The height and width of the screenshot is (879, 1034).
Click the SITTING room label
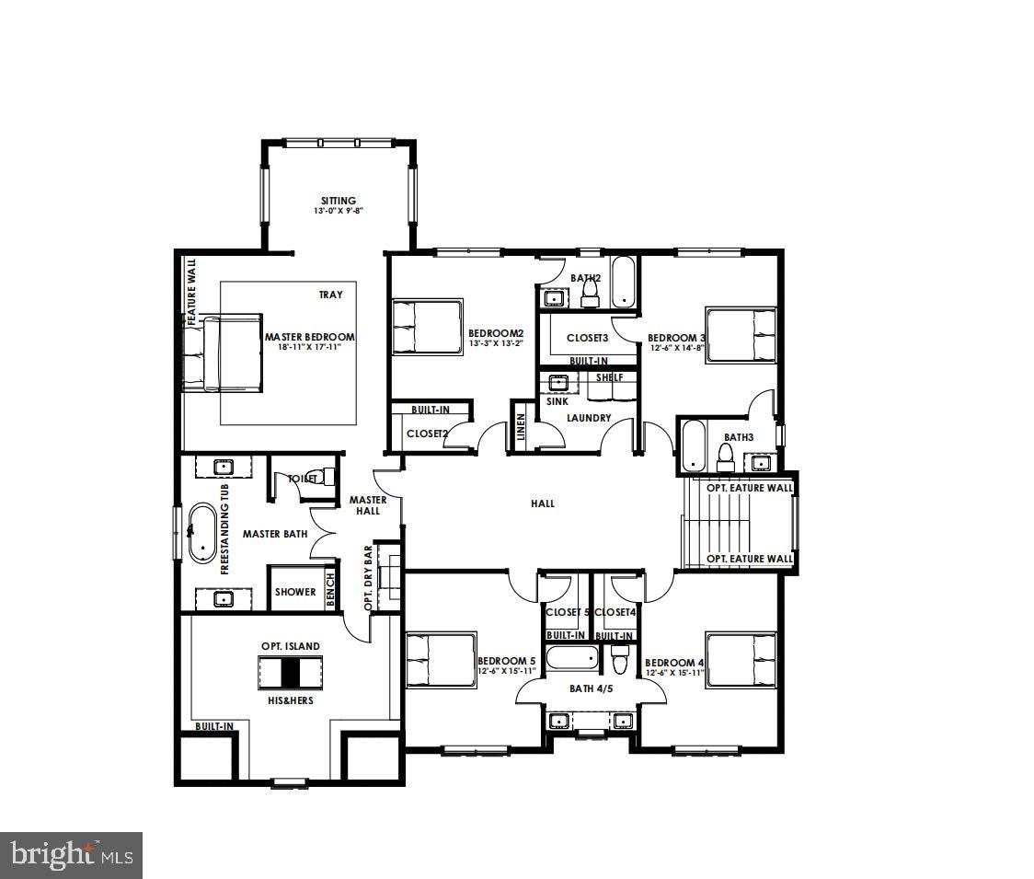(338, 201)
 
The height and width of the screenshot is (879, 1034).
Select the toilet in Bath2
(590, 294)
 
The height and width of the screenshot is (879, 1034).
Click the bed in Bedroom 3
(741, 336)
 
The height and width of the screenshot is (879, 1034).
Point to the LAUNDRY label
(589, 418)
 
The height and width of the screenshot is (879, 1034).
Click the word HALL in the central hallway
(543, 503)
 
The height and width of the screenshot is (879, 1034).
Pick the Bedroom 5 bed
(441, 659)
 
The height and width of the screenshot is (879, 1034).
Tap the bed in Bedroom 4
(741, 659)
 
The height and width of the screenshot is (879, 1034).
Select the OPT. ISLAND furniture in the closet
(291, 673)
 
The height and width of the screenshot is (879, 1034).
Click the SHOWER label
(294, 592)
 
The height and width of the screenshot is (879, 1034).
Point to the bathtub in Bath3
(693, 446)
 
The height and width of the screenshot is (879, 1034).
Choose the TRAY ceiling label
(330, 295)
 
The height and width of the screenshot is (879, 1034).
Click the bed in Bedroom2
(427, 327)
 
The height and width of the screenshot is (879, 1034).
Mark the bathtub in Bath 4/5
(571, 660)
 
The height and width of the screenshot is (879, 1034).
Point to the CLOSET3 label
(587, 338)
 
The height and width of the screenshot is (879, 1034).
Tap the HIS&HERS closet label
(290, 700)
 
